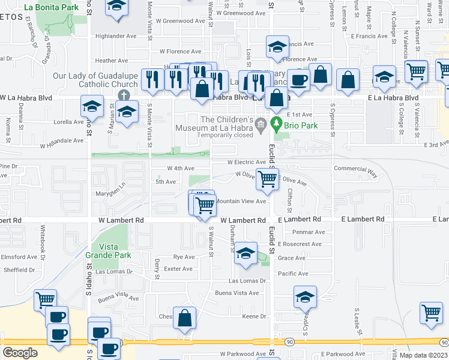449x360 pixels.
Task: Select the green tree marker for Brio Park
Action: tap(277, 125)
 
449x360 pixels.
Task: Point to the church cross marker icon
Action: tap(124, 95)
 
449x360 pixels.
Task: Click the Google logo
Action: tap(20, 352)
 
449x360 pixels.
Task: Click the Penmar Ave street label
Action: tap(309, 232)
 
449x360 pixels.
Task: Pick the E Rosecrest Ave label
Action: tap(300, 244)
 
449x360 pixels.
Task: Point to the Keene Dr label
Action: tap(253, 316)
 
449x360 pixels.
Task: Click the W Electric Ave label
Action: tap(246, 162)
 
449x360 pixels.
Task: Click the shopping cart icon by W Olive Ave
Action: tap(267, 178)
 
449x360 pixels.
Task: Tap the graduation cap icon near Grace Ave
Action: tap(245, 254)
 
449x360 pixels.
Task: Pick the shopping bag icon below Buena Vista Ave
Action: tap(185, 318)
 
